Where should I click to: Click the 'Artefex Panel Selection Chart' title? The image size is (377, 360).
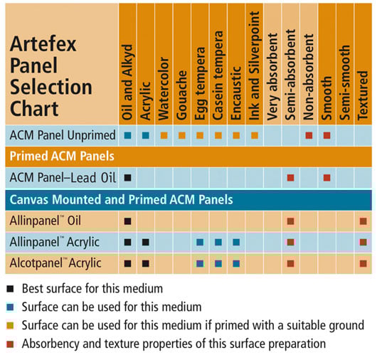point(51,76)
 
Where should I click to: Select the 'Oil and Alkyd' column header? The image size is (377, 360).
point(127,83)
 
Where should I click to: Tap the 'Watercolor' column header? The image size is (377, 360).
point(164,88)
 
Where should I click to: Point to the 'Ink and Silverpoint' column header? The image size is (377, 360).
point(255,65)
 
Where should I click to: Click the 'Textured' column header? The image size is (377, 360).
point(363,95)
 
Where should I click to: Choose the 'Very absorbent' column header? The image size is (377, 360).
point(272,77)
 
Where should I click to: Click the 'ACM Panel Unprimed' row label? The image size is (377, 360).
point(63,135)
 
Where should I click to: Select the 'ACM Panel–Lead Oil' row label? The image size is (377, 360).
point(63,178)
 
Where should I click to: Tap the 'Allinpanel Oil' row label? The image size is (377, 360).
point(46,221)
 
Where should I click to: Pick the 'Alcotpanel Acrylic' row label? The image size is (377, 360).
point(55,263)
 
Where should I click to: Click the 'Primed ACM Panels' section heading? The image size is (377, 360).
point(62,157)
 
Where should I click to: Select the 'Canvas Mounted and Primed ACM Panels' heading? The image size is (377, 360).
point(121,200)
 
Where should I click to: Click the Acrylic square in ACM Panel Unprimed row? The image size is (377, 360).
point(145,136)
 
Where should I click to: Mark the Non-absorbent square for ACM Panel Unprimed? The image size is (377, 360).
point(309,136)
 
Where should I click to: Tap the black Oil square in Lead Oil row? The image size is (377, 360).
point(127,178)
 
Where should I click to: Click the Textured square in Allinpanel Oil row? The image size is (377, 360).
point(363,221)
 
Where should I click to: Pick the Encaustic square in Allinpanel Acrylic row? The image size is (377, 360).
point(236,242)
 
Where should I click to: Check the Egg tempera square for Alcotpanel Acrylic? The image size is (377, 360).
point(200,263)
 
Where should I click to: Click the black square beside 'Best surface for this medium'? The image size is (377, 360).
point(10,289)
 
